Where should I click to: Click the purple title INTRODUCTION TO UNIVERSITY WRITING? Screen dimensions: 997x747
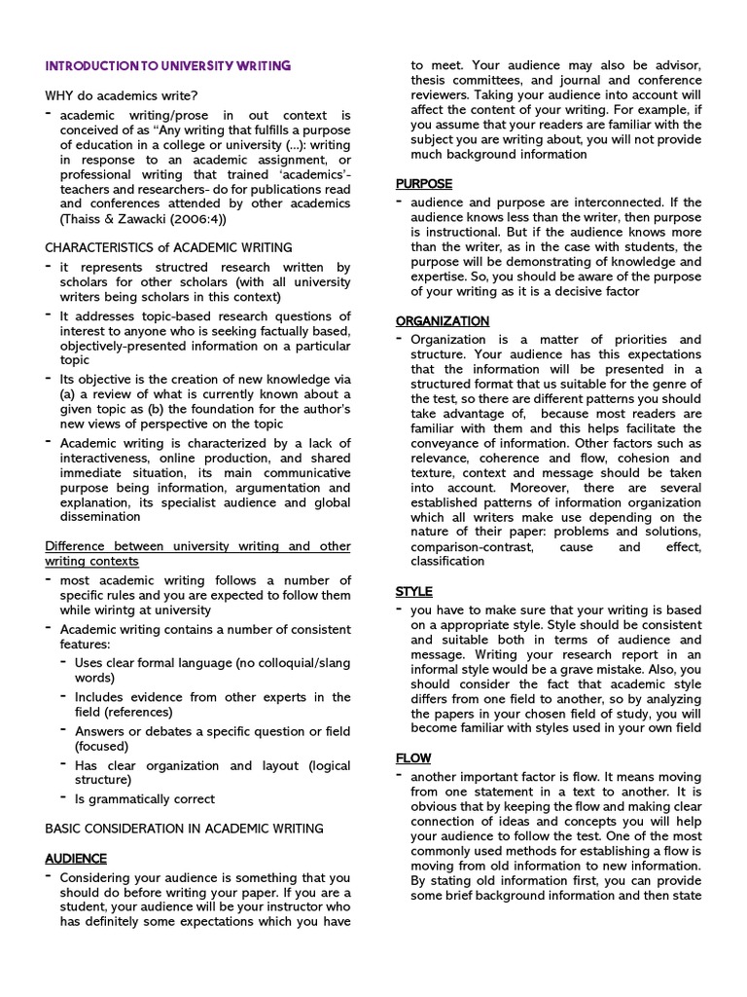tap(167, 66)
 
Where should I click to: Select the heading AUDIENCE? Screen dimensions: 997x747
tap(76, 858)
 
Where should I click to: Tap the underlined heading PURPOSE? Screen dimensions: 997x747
tap(424, 183)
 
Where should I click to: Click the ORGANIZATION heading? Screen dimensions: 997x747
tap(443, 320)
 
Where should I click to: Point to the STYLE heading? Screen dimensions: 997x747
tap(414, 591)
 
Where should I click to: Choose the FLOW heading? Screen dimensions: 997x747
tap(413, 757)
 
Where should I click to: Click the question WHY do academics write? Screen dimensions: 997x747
tap(122, 95)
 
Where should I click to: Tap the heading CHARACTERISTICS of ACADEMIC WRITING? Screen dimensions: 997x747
tap(168, 247)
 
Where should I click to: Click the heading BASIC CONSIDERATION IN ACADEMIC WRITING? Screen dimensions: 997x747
tap(185, 829)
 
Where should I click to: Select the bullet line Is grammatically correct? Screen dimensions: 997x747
tap(145, 799)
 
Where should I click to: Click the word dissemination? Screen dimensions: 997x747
tap(100, 516)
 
